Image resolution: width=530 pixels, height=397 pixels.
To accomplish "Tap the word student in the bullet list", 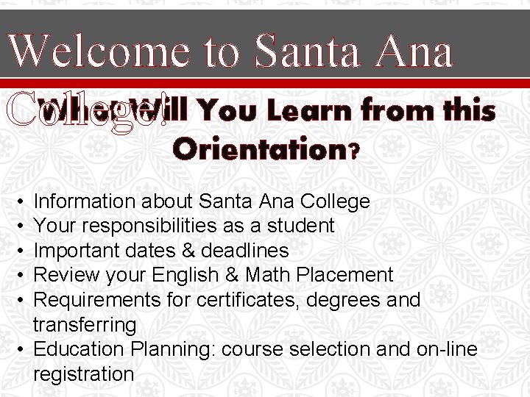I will [305, 226].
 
